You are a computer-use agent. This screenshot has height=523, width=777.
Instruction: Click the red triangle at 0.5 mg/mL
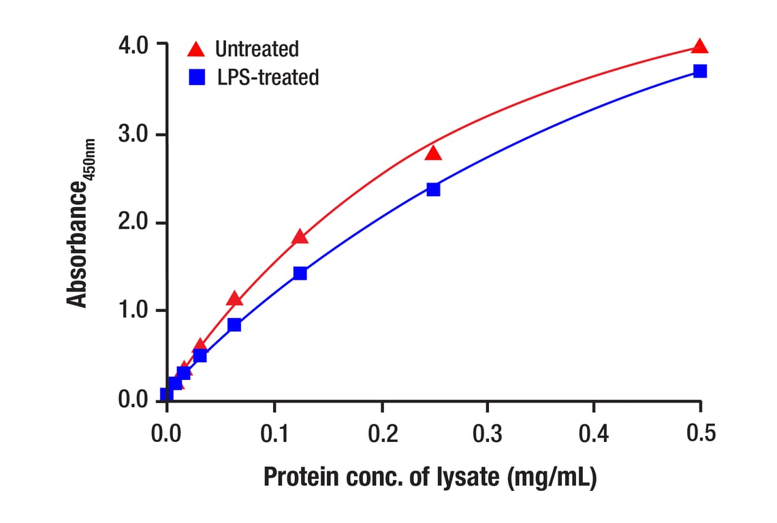click(699, 47)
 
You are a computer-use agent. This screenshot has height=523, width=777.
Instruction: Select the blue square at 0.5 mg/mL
click(699, 71)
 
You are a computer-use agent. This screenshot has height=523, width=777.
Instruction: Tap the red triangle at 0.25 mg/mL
click(433, 154)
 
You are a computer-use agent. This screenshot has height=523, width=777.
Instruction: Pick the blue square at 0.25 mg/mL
click(433, 189)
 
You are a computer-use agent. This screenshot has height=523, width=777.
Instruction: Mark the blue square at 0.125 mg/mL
click(300, 273)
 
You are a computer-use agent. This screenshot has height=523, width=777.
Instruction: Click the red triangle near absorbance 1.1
click(234, 299)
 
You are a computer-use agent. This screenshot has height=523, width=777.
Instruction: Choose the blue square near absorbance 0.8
click(234, 325)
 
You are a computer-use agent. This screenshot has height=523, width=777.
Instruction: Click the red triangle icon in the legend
click(196, 49)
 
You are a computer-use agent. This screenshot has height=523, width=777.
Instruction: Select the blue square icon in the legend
click(196, 77)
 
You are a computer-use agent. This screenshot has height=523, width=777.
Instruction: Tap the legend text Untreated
click(257, 49)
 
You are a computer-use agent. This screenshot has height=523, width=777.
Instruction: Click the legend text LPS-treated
click(268, 77)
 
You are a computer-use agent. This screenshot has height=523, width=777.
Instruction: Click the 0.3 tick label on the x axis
click(488, 432)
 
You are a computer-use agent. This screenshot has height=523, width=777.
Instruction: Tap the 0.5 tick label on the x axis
click(701, 432)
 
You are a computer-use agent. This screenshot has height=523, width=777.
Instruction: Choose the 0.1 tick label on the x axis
click(274, 432)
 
